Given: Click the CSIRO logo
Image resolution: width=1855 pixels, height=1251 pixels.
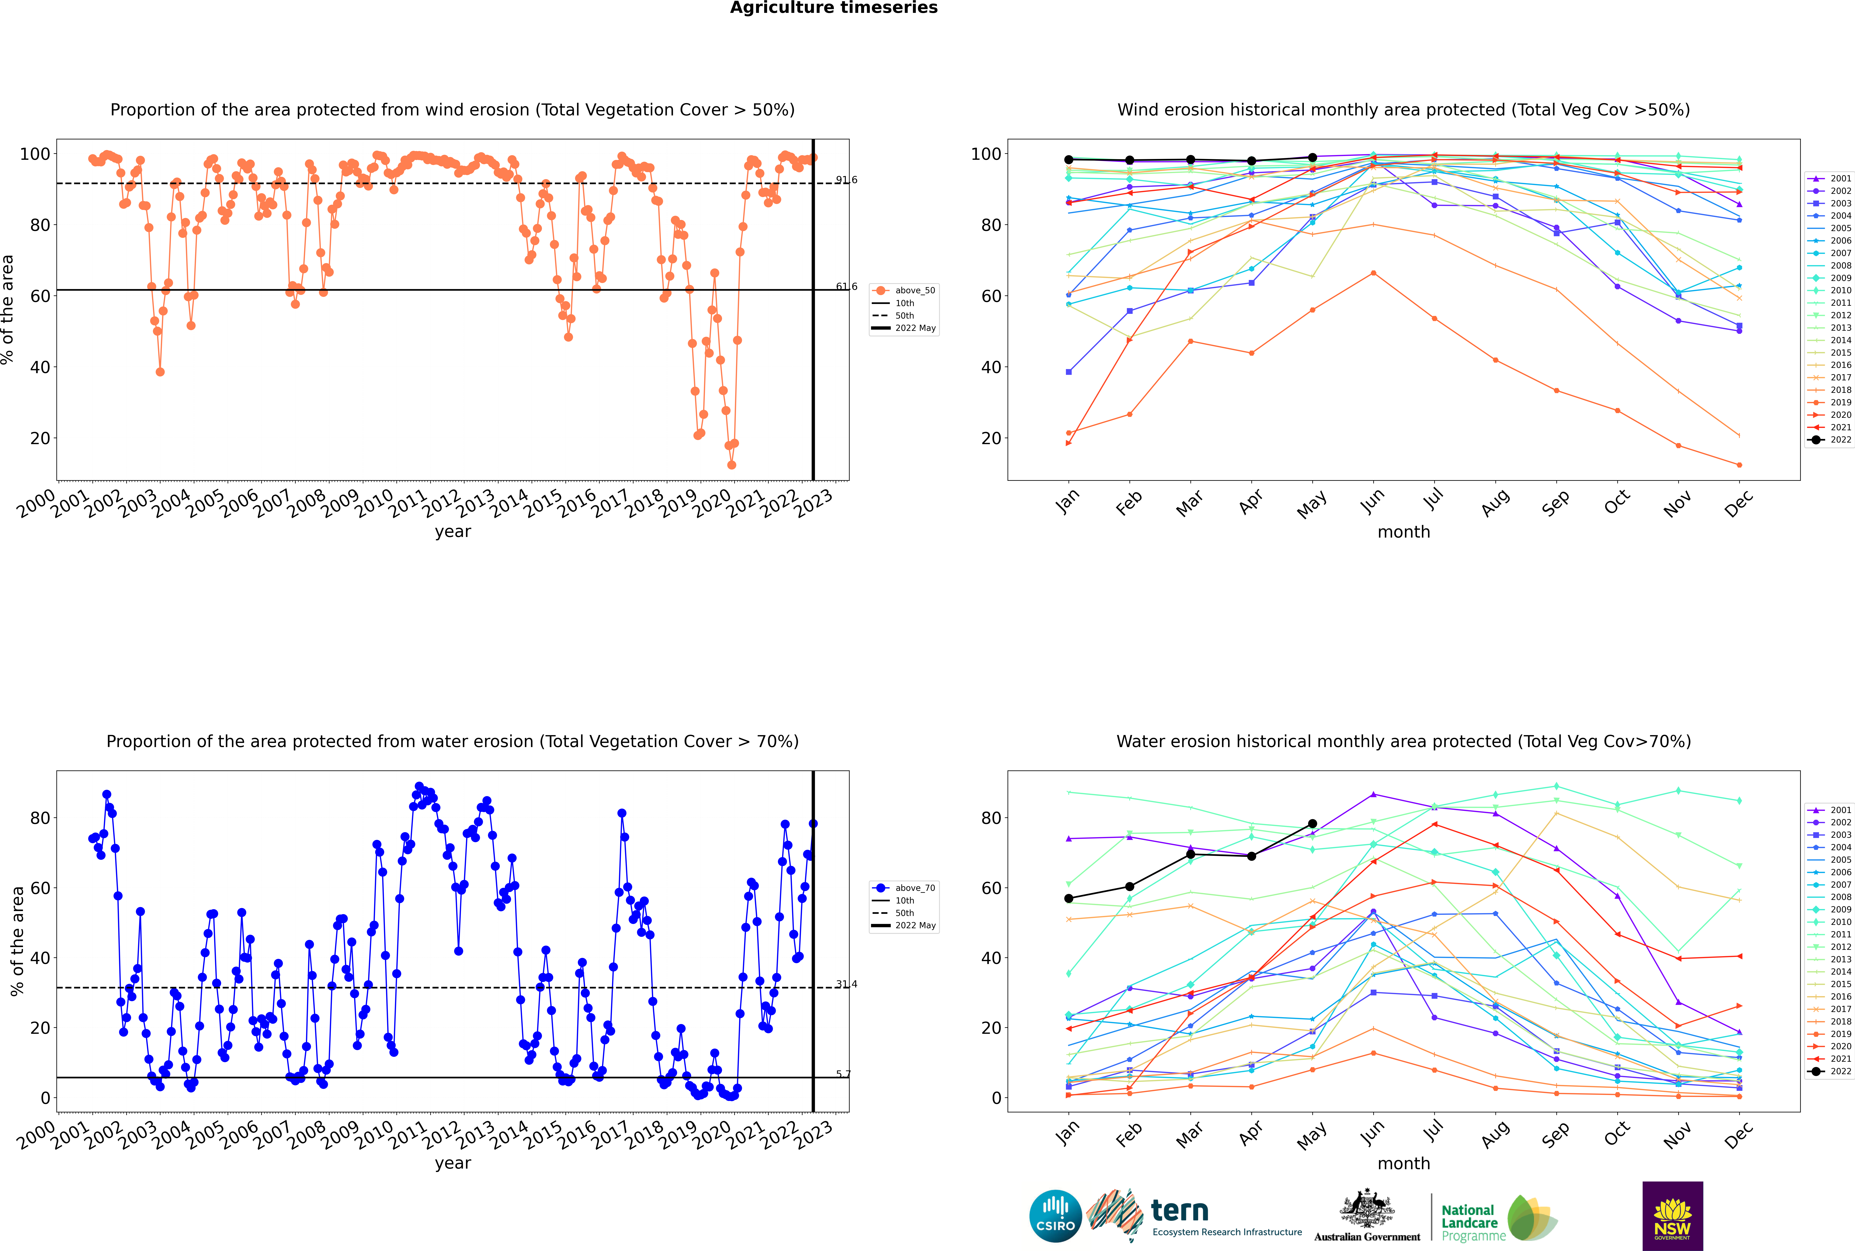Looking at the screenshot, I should point(1055,1216).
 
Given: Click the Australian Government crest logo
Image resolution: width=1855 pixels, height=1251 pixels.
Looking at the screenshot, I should point(1367,1214).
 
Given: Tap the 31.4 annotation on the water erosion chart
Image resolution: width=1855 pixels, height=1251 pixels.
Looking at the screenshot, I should point(846,984).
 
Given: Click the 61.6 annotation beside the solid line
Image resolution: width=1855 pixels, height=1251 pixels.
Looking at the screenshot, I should point(846,287).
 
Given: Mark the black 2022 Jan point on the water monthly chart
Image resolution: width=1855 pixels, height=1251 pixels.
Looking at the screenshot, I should point(1069,898).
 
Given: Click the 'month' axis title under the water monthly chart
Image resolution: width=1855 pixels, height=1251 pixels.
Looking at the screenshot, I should point(1404,1163).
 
